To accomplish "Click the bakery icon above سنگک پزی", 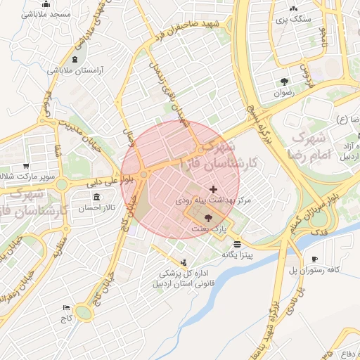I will (x=294, y=9).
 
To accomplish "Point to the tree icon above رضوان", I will (x=284, y=81).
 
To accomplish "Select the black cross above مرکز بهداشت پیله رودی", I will (x=214, y=190).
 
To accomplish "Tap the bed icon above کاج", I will (x=66, y=308).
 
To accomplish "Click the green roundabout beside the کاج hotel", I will (x=84, y=312).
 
